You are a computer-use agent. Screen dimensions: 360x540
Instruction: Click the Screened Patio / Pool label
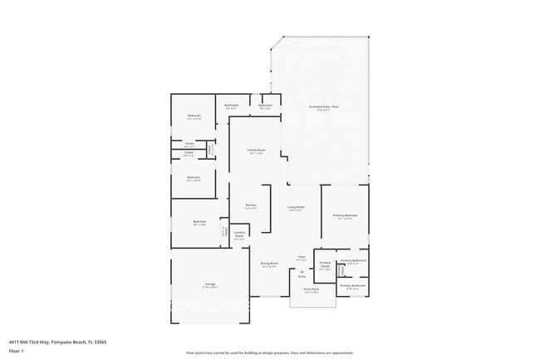point(325,108)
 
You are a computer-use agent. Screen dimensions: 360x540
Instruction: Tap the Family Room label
point(255,150)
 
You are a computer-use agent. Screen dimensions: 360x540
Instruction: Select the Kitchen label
point(250,205)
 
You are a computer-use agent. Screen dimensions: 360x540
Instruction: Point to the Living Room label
point(296,208)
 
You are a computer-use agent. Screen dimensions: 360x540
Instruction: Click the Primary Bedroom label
point(345,215)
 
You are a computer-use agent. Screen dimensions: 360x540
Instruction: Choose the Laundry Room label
point(238,234)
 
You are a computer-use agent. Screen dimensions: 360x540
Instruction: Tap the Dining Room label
point(268,264)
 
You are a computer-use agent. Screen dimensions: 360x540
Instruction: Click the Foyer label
point(302,258)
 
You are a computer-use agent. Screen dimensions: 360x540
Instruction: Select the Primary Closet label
point(325,265)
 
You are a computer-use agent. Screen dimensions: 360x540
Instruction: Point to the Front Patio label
point(312,290)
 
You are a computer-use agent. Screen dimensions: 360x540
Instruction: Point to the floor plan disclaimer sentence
point(269,353)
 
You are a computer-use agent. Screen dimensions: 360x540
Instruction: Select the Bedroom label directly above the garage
point(199,222)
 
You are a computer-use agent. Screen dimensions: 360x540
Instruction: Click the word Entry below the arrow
point(302,276)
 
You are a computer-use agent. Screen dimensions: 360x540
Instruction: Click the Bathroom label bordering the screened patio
point(265,106)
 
